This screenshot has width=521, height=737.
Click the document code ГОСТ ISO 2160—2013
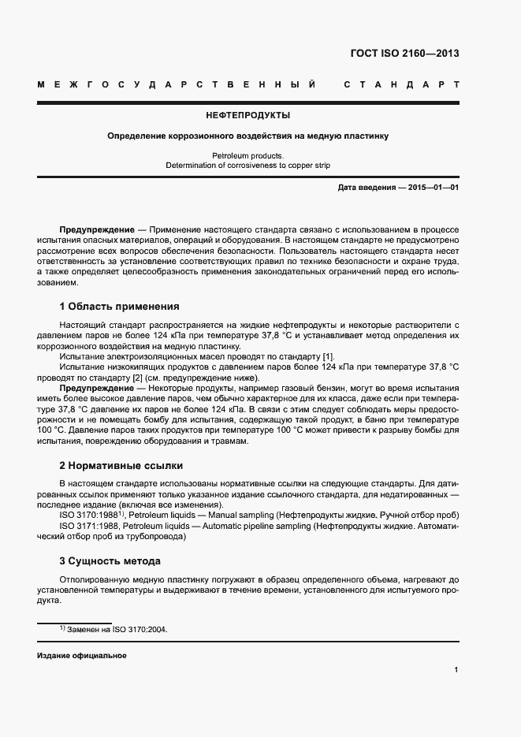(404, 54)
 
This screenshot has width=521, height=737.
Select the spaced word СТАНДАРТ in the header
(401, 84)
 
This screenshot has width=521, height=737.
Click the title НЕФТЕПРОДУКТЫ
(247, 115)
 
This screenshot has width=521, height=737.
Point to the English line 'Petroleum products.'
(247, 156)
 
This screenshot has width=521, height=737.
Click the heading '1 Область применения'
(119, 307)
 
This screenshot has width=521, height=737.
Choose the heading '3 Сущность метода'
(110, 561)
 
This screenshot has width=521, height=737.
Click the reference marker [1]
(307, 356)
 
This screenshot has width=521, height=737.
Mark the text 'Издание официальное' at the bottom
(82, 656)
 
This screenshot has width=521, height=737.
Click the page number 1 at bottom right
(456, 670)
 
